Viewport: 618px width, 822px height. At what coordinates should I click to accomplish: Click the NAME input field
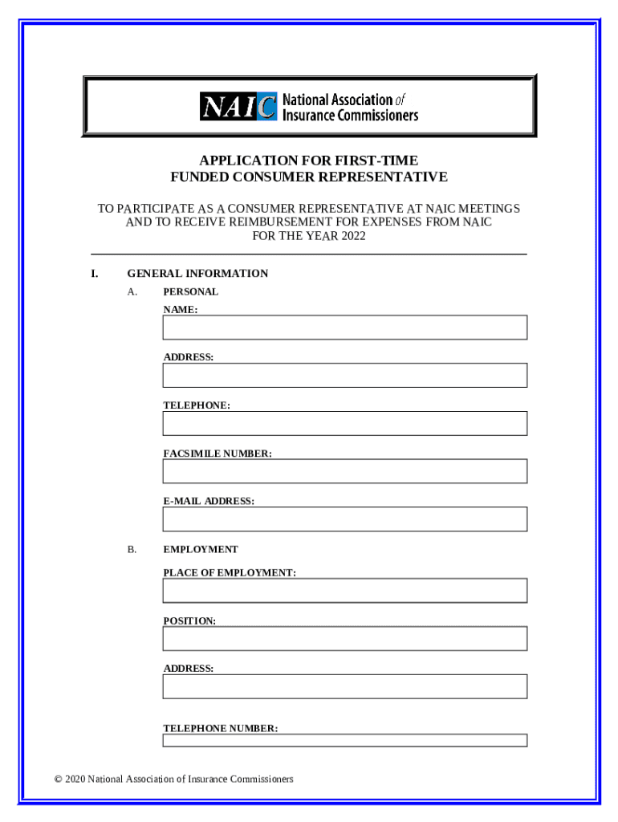[344, 328]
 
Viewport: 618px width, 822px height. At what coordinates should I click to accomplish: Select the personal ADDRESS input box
[344, 375]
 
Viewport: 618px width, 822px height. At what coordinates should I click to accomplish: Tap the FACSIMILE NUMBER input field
[344, 471]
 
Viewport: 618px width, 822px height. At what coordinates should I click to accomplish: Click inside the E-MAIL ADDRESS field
[344, 519]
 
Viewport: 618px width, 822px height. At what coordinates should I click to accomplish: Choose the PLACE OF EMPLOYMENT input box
[344, 591]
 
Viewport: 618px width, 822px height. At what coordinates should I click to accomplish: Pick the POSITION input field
[344, 638]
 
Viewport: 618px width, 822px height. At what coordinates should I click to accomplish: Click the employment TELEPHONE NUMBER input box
[344, 740]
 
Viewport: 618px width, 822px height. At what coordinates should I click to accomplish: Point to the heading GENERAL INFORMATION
[197, 274]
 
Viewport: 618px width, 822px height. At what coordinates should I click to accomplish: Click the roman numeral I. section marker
[95, 274]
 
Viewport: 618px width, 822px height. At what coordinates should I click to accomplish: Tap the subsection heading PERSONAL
[190, 292]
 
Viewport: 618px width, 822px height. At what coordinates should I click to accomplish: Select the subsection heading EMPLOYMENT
[201, 550]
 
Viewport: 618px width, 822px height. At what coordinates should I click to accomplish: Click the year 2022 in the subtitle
[352, 236]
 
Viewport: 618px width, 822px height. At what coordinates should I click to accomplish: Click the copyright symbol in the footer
[58, 779]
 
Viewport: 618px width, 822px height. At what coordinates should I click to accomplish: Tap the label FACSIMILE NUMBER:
[218, 454]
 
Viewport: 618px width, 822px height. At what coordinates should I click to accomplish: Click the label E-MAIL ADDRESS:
[209, 502]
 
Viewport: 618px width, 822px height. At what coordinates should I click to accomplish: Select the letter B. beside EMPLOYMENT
[132, 550]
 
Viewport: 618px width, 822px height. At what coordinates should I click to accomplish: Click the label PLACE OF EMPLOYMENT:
[230, 573]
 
